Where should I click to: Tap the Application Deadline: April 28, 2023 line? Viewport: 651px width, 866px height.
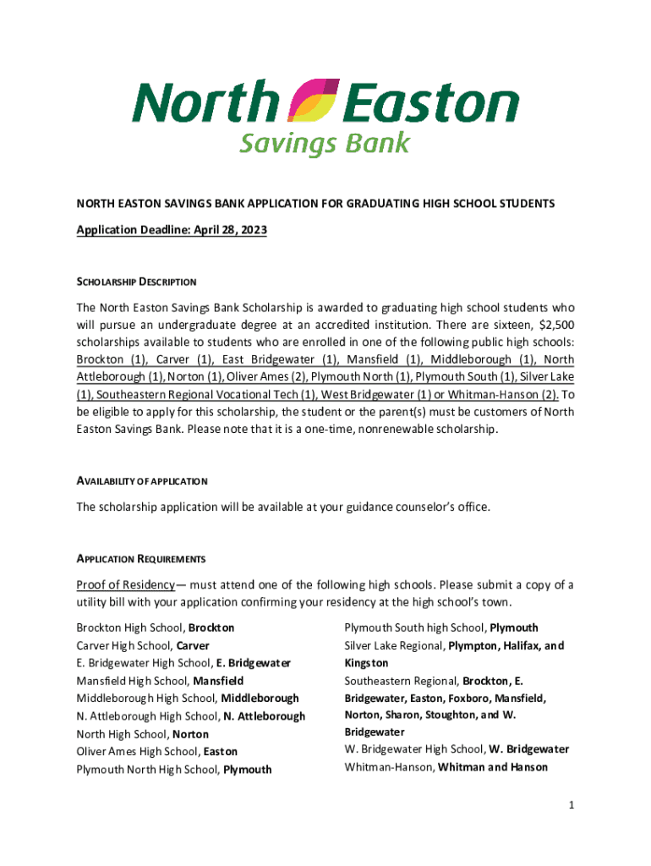[172, 230]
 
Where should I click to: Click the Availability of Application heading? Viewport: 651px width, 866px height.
[142, 481]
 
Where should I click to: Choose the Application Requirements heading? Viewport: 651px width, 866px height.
[141, 559]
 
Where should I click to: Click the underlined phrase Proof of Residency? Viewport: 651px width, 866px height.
[125, 585]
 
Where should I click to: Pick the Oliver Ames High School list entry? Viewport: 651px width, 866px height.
[157, 751]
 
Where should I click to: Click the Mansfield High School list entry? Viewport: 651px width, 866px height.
[160, 681]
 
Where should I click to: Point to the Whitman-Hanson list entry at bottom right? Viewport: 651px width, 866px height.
[446, 767]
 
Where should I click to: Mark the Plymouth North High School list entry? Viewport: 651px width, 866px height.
[174, 769]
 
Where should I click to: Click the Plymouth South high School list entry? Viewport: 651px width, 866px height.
[440, 628]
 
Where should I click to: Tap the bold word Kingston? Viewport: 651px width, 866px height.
[366, 663]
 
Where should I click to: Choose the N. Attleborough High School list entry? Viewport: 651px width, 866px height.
[190, 715]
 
